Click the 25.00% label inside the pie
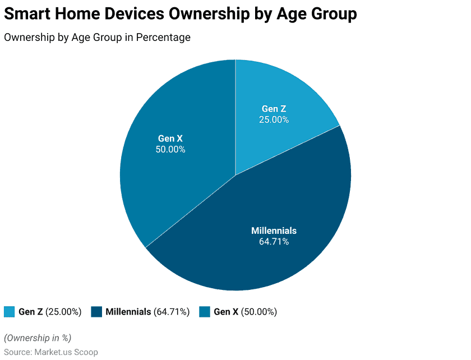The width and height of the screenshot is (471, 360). (274, 119)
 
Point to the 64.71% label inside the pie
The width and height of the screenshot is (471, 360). (274, 242)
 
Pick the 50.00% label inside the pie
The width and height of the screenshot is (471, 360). (170, 149)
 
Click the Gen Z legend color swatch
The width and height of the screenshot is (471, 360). (10, 312)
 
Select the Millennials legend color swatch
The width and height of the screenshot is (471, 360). (96, 312)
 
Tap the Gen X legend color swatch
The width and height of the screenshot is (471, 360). (205, 312)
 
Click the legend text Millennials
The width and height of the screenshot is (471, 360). (128, 312)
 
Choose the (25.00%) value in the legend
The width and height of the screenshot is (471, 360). (63, 312)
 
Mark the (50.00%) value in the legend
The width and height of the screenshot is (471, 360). (258, 312)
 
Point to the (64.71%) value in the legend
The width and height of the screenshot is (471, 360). (172, 312)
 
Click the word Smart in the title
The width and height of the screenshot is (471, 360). (28, 14)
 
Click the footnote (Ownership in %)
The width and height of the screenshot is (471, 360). (38, 338)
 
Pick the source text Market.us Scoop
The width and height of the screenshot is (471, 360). (66, 352)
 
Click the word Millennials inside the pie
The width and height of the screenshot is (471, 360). (274, 230)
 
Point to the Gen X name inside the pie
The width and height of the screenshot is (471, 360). (170, 139)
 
